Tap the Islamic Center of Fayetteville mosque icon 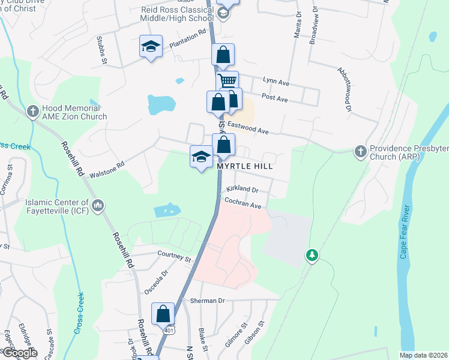[98, 206]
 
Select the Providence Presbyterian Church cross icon [360, 150]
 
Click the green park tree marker [312, 256]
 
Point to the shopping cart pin [227, 81]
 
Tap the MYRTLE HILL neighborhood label [244, 167]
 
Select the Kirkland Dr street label [242, 190]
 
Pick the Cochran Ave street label [244, 205]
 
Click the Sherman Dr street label [207, 301]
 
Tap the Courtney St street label [174, 256]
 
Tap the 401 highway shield [170, 331]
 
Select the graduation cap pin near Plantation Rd [151, 46]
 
